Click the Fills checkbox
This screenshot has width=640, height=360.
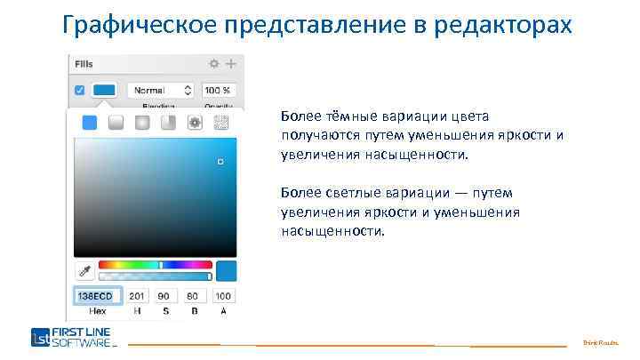pos(79,90)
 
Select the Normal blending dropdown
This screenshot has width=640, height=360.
pos(161,90)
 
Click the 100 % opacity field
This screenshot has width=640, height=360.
pos(219,90)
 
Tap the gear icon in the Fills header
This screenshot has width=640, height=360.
pos(214,64)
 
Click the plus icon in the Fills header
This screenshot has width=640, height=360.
pos(231,64)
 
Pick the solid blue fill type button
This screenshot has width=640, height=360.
pos(89,123)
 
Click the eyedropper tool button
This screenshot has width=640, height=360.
pos(84,270)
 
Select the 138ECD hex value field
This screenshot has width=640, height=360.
pos(97,296)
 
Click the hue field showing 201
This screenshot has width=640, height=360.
pos(137,296)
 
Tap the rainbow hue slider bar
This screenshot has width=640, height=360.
pos(156,264)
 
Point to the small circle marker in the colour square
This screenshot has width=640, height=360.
pos(220,162)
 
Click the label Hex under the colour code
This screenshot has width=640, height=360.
pos(97,311)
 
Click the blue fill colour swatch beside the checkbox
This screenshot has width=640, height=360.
pos(104,90)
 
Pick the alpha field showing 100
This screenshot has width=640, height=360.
pos(222,296)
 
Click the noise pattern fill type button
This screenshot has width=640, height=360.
pos(222,123)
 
